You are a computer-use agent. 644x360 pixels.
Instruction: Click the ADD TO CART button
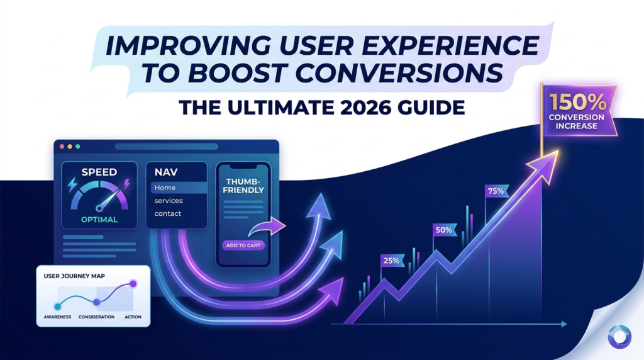click(243, 245)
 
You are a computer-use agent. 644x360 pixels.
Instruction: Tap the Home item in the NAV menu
click(165, 188)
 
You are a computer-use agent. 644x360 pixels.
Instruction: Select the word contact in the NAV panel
click(167, 213)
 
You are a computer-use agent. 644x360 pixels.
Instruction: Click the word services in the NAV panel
click(169, 201)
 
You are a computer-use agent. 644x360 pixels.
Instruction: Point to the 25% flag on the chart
click(390, 260)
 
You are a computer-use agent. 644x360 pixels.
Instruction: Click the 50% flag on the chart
click(443, 230)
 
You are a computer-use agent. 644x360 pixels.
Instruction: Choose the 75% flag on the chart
click(495, 191)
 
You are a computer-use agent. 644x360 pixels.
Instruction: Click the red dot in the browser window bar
click(62, 146)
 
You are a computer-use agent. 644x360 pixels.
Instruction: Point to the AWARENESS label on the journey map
click(58, 317)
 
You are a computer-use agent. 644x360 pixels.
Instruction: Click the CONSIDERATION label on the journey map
click(96, 317)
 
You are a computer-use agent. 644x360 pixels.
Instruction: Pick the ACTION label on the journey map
click(133, 317)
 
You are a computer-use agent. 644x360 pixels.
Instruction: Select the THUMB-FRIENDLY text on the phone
click(243, 185)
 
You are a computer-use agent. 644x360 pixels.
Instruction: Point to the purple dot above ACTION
click(133, 284)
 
